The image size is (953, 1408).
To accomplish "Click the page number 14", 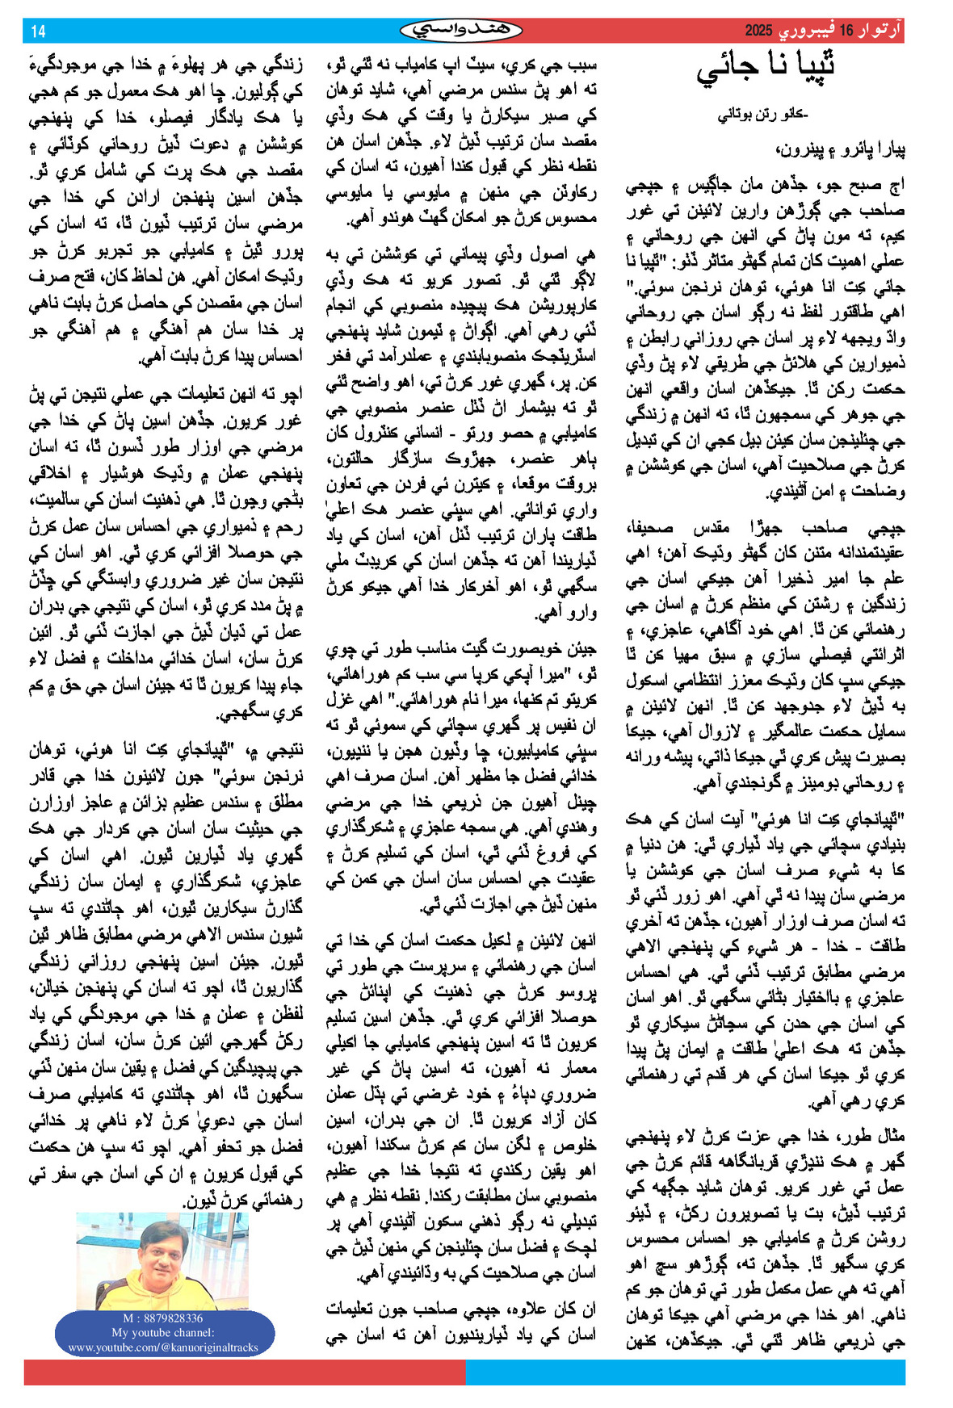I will click(x=38, y=31).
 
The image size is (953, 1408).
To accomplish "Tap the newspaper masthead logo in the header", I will click(x=461, y=31).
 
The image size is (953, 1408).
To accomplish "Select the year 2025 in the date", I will click(x=758, y=31).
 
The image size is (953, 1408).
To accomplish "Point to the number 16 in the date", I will click(x=846, y=31).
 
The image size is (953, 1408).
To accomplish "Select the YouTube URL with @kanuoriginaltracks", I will click(x=163, y=1347).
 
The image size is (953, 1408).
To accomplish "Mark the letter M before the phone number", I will click(x=128, y=1318).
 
